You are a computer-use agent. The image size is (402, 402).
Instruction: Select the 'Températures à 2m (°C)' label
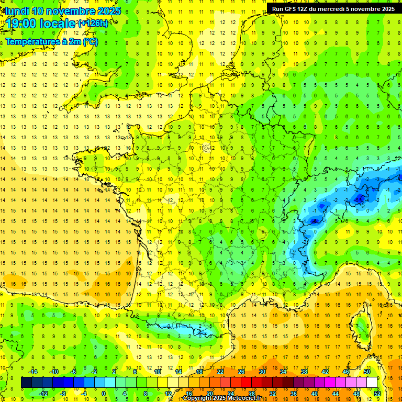tap(51, 41)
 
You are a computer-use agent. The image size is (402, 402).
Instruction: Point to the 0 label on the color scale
tap(103, 393)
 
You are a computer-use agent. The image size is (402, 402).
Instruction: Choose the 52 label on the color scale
tap(377, 393)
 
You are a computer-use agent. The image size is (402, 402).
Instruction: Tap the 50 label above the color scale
tap(366, 372)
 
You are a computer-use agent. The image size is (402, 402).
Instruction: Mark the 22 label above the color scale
tap(220, 372)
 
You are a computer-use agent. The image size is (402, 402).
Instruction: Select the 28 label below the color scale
tap(251, 393)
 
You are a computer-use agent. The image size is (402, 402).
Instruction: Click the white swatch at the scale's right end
tap(372, 383)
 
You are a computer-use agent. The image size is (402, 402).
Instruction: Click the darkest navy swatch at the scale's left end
tap(27, 383)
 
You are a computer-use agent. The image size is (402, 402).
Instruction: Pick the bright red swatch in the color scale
tap(246, 383)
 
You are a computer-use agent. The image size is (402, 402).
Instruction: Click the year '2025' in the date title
tap(108, 11)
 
